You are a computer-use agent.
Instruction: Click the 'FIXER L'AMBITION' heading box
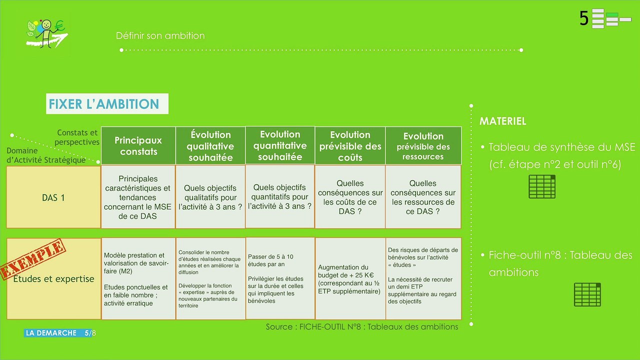[107, 103]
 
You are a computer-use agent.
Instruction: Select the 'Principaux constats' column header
[138, 145]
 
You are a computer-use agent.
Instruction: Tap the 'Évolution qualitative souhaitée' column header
[210, 145]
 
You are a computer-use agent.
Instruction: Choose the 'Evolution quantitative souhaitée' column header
[280, 145]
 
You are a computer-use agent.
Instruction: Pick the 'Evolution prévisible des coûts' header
[350, 145]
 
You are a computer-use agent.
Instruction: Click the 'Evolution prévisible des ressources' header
[423, 145]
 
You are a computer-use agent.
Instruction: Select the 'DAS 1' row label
[53, 197]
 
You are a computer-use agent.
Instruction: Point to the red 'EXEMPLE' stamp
[33, 259]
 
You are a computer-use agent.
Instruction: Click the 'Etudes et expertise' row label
[53, 279]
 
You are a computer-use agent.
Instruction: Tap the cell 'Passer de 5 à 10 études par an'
[280, 278]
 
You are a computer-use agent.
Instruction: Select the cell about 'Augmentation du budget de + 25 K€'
[350, 278]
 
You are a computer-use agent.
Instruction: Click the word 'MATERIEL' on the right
[503, 121]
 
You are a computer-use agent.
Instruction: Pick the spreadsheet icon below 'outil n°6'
[542, 186]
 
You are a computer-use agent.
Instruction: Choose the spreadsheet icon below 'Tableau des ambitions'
[587, 294]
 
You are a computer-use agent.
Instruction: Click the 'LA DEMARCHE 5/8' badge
[60, 333]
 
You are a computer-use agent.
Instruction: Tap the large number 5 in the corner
[584, 18]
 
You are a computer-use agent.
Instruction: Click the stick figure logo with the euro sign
[47, 33]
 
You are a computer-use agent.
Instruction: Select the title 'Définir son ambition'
[160, 35]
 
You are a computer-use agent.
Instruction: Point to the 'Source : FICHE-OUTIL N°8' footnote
[362, 326]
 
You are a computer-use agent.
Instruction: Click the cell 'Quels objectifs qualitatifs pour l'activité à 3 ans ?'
[210, 197]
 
